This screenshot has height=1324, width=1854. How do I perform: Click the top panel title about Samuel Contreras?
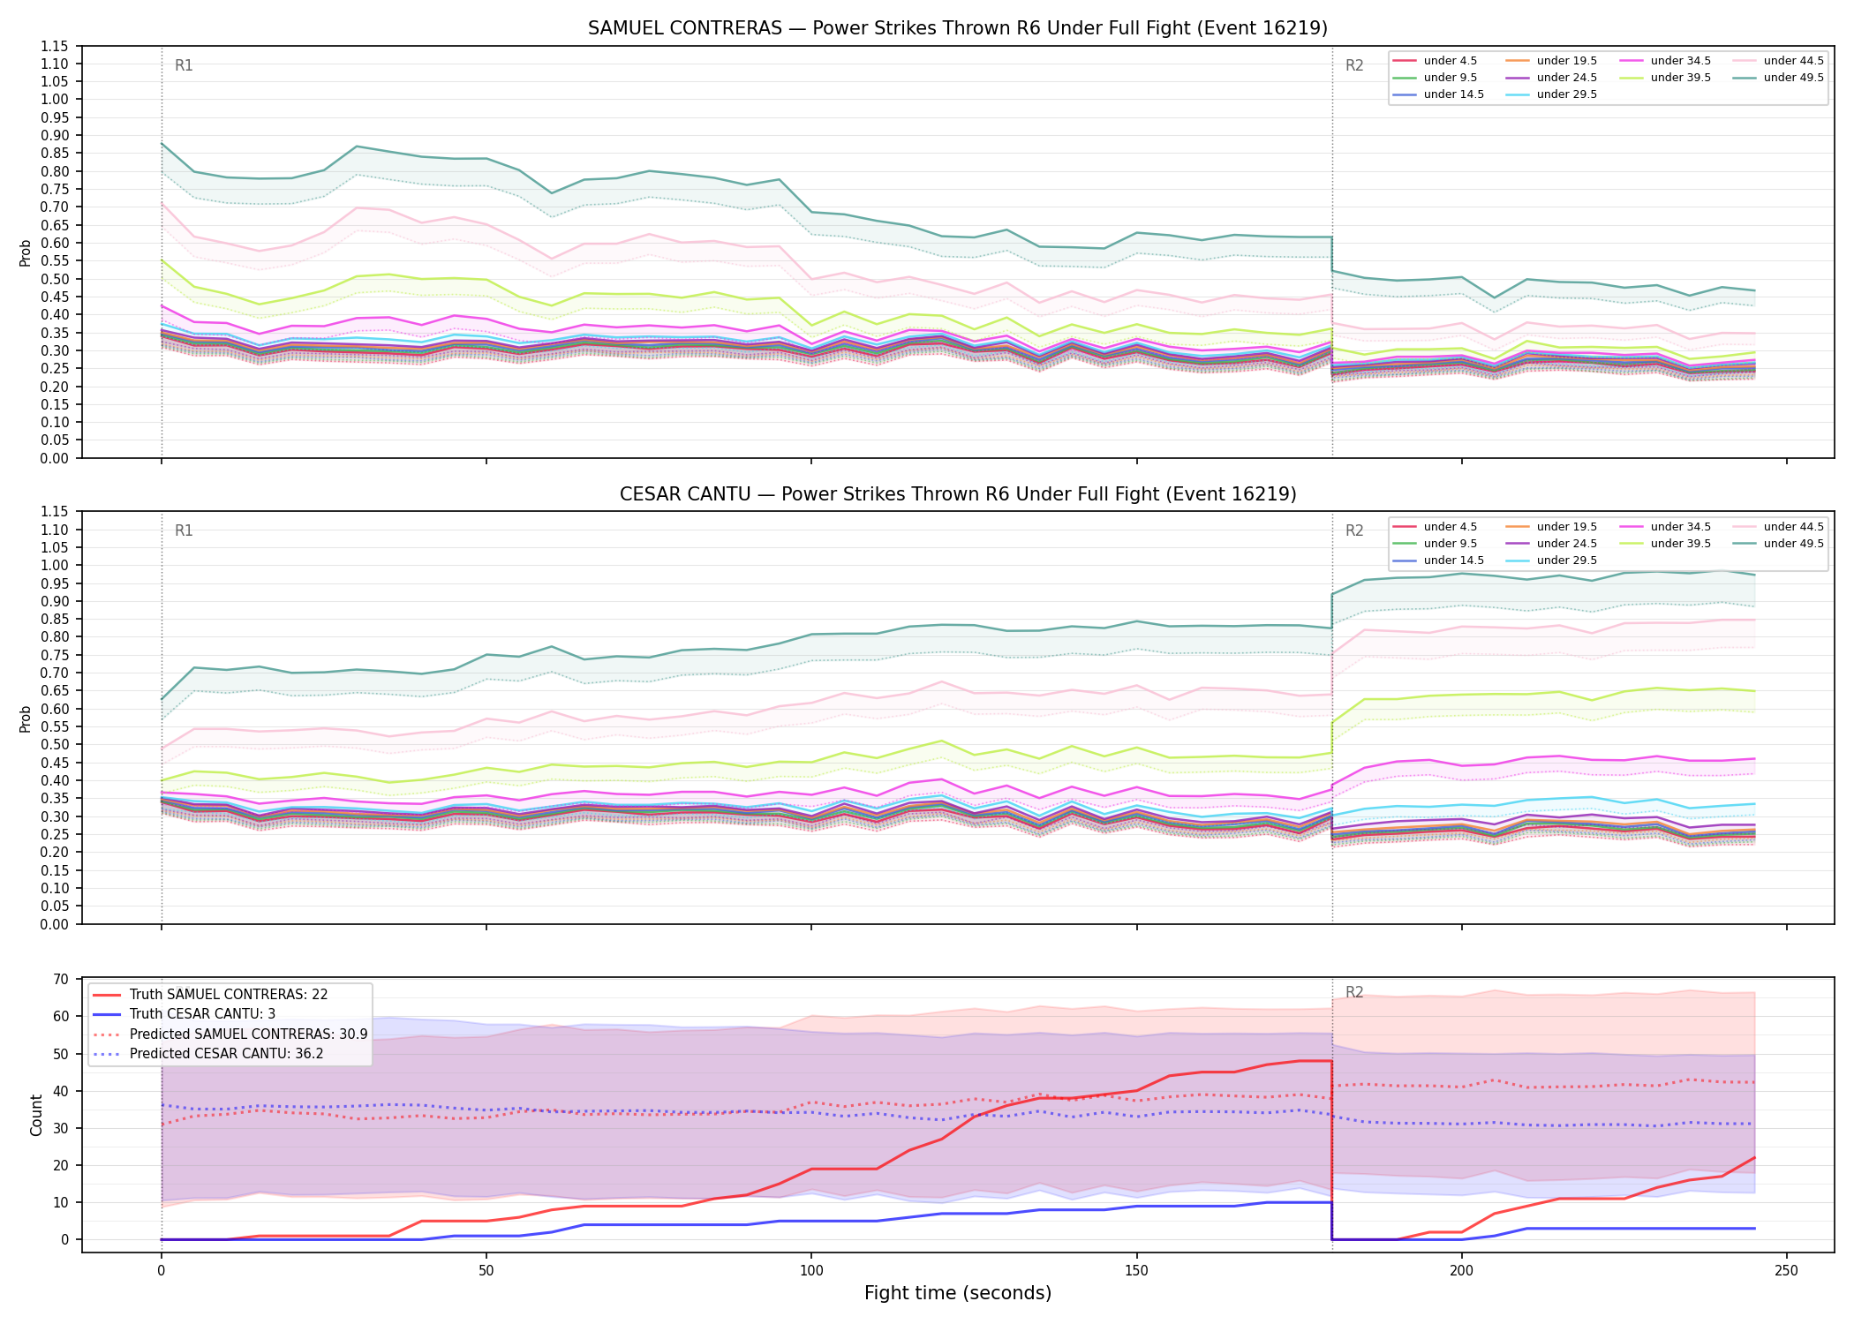pos(958,28)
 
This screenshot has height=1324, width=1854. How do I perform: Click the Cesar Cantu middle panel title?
pos(958,494)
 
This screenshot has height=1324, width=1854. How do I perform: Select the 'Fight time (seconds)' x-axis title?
pos(958,1293)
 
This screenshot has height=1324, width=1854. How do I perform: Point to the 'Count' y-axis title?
pos(36,1115)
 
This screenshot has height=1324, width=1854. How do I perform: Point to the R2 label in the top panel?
pos(1354,65)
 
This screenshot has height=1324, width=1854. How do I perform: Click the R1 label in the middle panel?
pos(184,530)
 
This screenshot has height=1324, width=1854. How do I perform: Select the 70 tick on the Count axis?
pos(61,979)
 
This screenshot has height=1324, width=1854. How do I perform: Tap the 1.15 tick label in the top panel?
pos(55,46)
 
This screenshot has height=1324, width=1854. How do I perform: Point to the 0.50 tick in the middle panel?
pos(55,744)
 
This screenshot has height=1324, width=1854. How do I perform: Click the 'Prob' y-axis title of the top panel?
pos(26,252)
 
